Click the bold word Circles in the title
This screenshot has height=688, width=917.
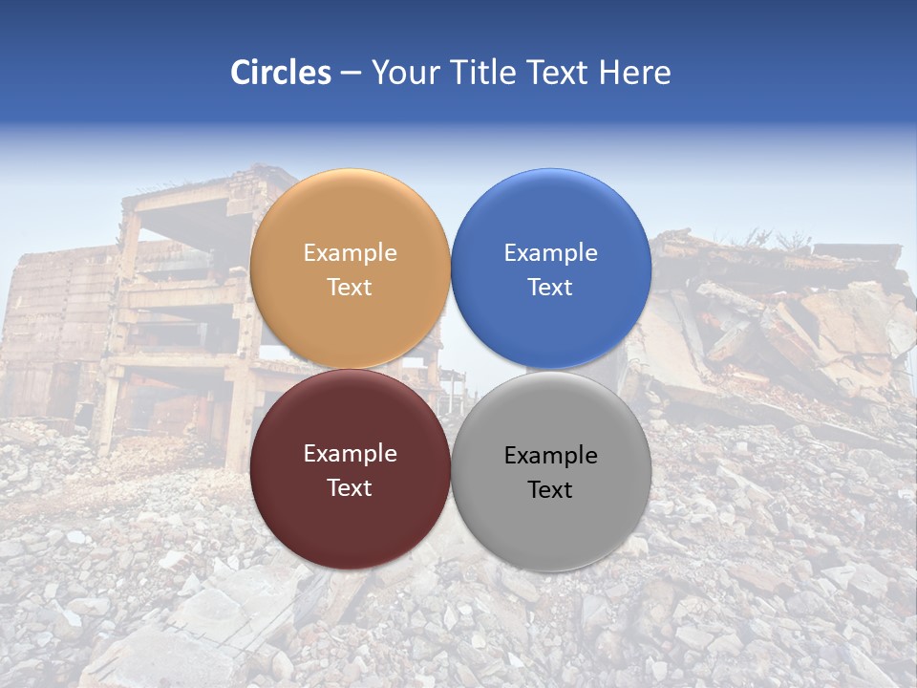pos(280,73)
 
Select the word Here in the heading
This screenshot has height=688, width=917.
pos(635,73)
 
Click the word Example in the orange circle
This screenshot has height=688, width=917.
pos(350,253)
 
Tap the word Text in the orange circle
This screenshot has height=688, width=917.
pos(350,287)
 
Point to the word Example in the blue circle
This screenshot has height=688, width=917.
pos(550,253)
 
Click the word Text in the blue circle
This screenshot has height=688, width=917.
pos(550,287)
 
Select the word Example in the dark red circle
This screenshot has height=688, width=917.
pos(350,454)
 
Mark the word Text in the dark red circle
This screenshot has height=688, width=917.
pos(350,487)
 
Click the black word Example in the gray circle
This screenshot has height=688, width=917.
pos(550,456)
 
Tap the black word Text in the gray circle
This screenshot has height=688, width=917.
pos(550,489)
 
